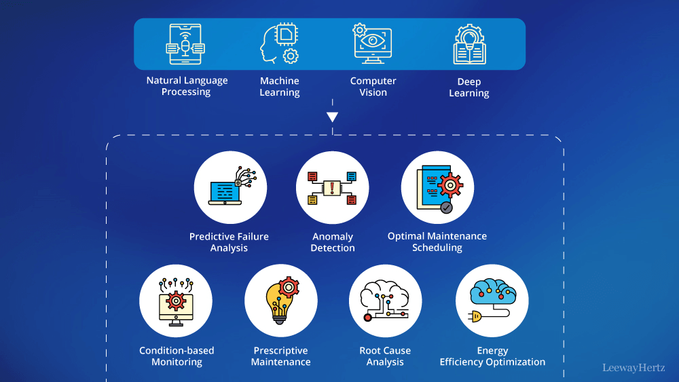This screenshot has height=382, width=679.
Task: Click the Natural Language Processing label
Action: tap(187, 86)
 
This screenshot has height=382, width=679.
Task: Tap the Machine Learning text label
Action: tap(279, 86)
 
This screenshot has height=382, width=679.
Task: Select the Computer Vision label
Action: tap(373, 86)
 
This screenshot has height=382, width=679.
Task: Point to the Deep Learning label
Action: tap(469, 87)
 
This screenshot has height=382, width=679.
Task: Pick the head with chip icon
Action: tap(279, 44)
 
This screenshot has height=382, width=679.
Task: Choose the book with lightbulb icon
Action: tap(469, 44)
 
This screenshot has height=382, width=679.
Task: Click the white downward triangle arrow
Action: tap(332, 117)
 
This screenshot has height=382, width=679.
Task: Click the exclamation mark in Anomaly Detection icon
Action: tap(332, 188)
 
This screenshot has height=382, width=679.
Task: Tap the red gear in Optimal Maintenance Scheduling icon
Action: tap(449, 184)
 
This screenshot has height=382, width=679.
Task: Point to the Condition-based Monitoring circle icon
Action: tap(176, 301)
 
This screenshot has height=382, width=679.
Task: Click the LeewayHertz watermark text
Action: tap(634, 368)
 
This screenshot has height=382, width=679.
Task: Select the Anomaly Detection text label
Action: tap(333, 242)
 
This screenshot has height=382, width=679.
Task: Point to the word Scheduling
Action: tap(437, 248)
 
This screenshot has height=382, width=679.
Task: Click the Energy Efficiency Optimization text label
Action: tap(492, 356)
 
